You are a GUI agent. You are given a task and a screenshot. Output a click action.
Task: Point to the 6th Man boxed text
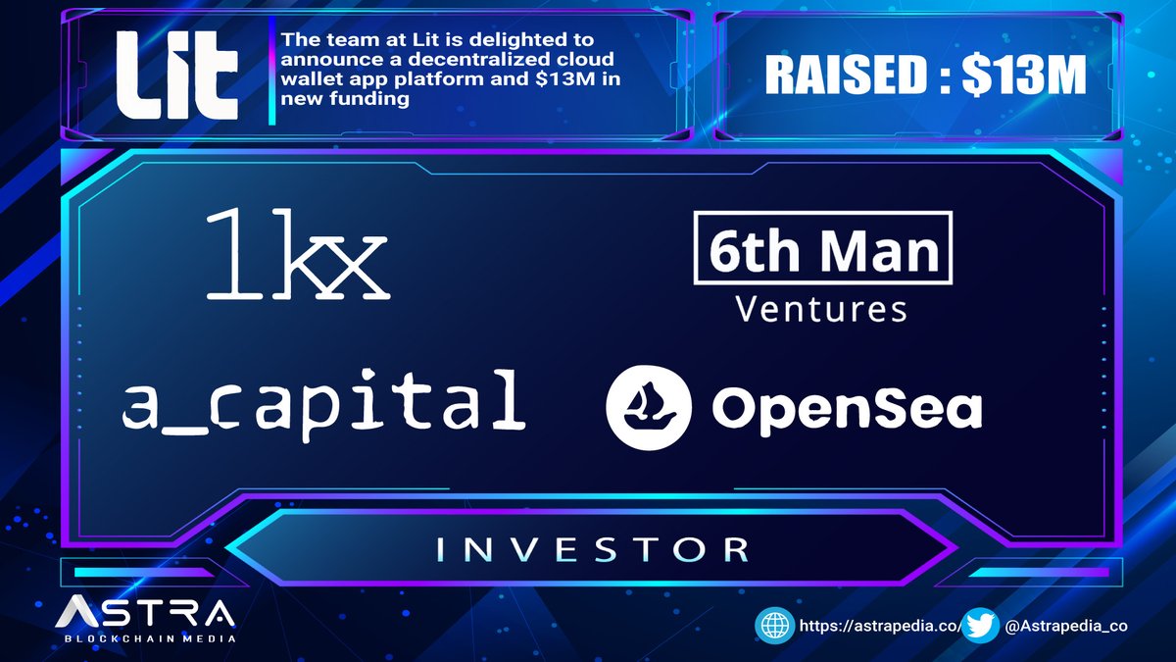point(822,252)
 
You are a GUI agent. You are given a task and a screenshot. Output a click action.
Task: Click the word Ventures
point(821,310)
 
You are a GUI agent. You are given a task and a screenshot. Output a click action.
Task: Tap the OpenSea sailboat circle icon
point(650,403)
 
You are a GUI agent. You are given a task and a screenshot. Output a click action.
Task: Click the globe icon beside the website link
point(774,626)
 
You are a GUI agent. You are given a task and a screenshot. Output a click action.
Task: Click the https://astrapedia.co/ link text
point(864,626)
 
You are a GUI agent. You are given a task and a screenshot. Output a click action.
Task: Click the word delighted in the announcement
point(544,41)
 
